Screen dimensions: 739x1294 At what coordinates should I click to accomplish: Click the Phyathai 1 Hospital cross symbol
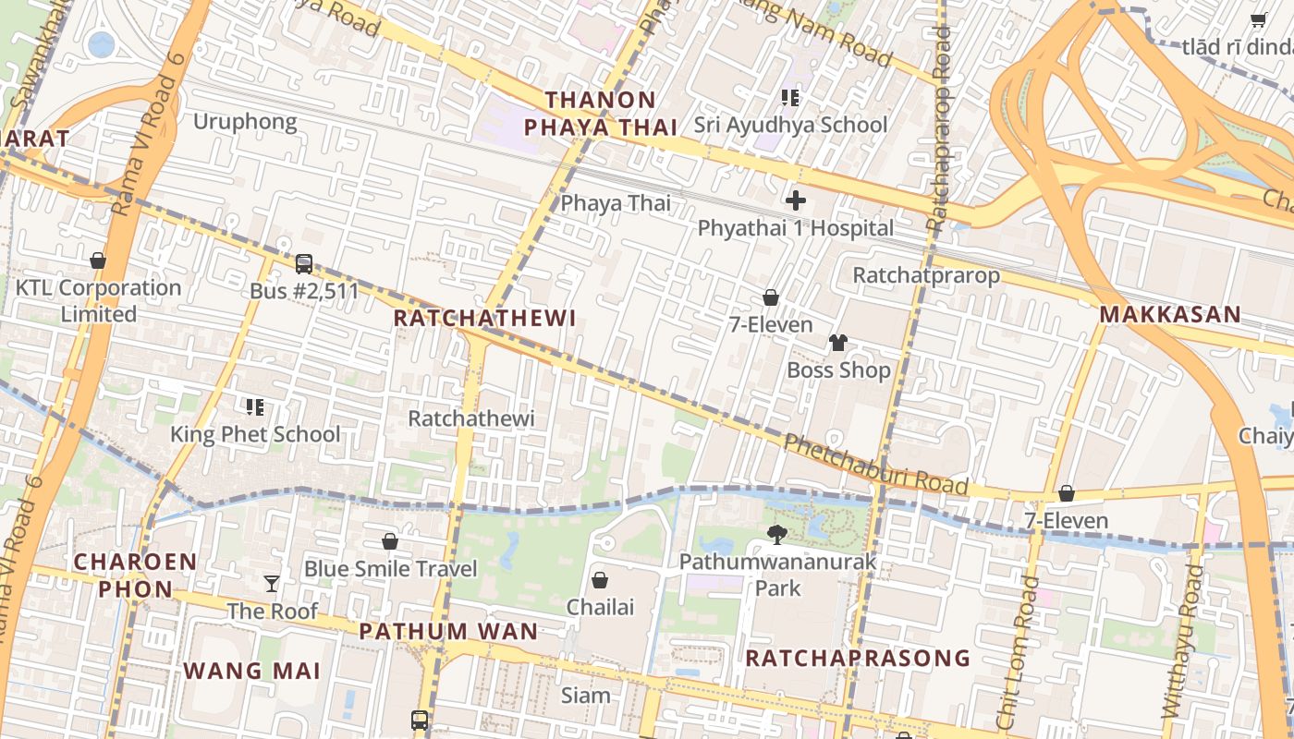pos(795,200)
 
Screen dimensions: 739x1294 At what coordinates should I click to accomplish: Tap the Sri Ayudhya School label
pos(790,125)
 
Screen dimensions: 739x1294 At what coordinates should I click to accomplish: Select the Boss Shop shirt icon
pos(837,343)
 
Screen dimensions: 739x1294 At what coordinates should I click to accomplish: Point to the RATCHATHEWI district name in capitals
pos(484,319)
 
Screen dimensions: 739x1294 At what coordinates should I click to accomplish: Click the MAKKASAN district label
pos(1169,315)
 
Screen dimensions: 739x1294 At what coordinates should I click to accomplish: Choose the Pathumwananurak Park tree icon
pos(777,534)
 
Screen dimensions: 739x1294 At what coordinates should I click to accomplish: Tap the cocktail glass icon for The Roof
pos(272,583)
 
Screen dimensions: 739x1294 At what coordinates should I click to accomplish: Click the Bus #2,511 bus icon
pos(303,264)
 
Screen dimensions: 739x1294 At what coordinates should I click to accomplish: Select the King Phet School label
pos(255,434)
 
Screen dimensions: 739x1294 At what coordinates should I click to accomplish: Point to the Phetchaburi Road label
pos(875,465)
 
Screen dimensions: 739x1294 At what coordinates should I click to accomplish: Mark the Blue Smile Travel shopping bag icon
pos(390,541)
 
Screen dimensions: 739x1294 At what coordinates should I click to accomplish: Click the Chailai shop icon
pos(600,580)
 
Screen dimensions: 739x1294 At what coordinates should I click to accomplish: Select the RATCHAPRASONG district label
pos(858,658)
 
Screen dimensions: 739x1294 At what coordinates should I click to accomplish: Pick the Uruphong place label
pos(245,122)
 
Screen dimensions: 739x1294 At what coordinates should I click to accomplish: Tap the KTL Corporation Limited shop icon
pos(98,261)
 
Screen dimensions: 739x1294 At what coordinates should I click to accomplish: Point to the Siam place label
pos(586,696)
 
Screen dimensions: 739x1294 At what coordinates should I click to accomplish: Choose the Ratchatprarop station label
pos(926,275)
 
